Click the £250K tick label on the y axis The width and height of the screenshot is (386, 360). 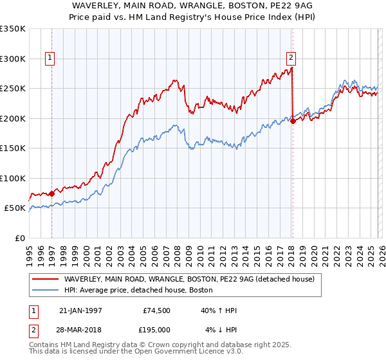[x=13, y=88]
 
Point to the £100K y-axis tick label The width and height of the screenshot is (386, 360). [x=13, y=178]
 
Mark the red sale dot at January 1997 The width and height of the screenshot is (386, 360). [x=52, y=193]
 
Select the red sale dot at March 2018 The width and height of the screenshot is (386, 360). [x=293, y=121]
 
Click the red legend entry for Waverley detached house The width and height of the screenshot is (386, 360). [x=188, y=279]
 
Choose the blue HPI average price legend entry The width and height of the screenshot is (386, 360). [x=142, y=291]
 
